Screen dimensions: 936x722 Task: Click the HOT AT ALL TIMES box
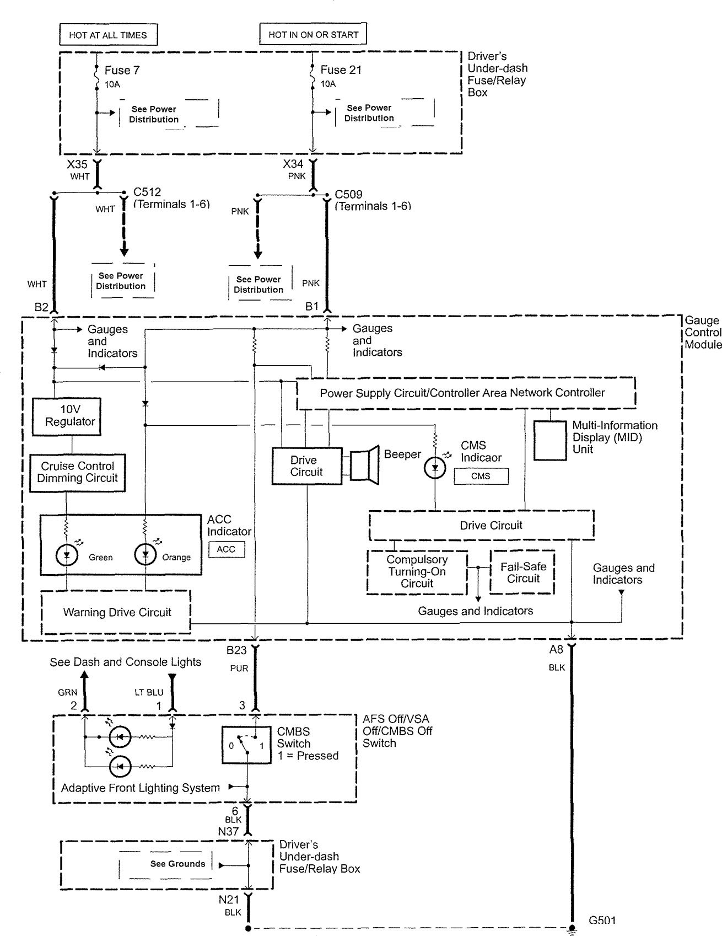108,35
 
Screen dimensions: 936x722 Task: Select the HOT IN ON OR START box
313,34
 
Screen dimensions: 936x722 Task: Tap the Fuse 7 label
122,71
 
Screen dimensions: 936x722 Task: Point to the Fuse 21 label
341,70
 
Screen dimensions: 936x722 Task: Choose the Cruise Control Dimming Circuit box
77,472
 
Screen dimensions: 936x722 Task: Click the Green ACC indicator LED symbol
68,555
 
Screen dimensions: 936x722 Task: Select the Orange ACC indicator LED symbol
146,555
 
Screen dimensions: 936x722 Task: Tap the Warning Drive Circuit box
116,612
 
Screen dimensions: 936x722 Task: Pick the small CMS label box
481,476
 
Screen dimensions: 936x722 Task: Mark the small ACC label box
226,549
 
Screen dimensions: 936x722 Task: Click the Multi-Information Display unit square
550,440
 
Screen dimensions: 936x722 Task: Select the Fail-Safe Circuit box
522,573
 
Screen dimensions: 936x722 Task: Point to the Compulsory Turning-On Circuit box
417,572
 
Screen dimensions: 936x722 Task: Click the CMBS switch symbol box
246,745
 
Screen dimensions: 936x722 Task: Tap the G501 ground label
602,920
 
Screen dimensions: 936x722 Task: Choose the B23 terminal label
236,650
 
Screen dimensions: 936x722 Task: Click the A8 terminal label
556,650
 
